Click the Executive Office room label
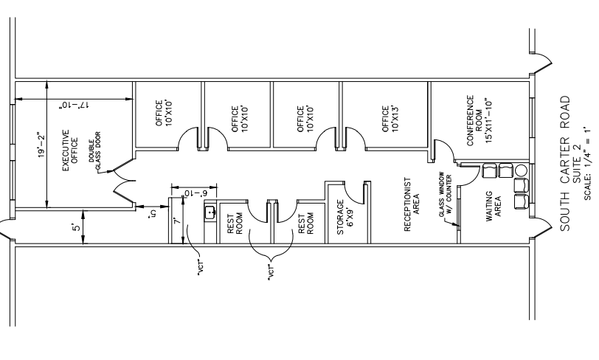pos(70,150)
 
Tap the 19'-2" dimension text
pos(41,145)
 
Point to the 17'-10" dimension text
pos(74,105)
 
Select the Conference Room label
pos(479,120)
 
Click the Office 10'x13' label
pos(390,119)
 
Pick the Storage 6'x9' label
pos(345,217)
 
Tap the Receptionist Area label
pos(412,204)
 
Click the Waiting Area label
pos(494,207)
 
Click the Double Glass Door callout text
pos(95,150)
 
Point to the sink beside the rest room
pos(210,213)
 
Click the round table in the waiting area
pos(521,170)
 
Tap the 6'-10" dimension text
pos(194,193)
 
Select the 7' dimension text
pos(176,221)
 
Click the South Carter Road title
pos(565,163)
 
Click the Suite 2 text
pos(576,163)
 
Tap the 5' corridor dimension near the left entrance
pos(77,227)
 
